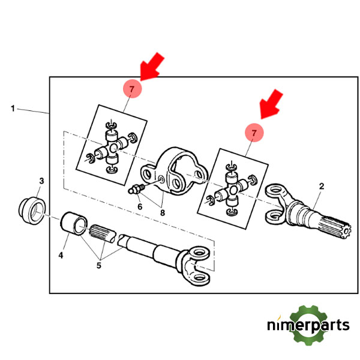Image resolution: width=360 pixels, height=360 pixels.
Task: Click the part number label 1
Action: (13, 109)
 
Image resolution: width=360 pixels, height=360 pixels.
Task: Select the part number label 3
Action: (41, 181)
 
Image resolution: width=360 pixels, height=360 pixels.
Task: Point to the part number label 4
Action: (61, 255)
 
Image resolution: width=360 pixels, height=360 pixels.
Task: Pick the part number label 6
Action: (140, 206)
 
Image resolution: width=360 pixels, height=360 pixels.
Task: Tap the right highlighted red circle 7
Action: (254, 133)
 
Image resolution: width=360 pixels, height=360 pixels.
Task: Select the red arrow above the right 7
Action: (272, 103)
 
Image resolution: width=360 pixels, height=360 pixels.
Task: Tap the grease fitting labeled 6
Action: (137, 191)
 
